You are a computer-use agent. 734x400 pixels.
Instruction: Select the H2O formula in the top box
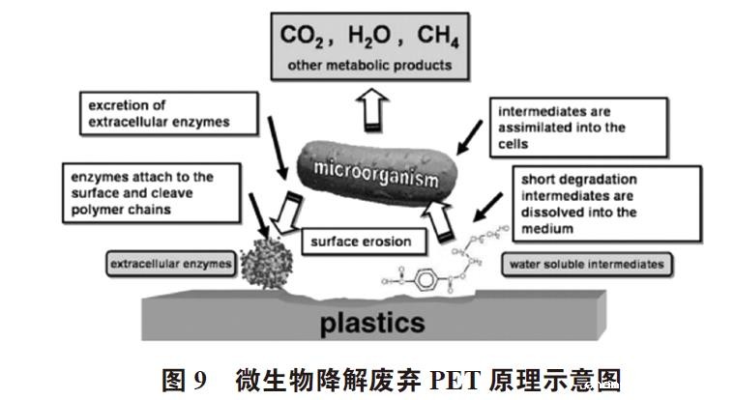click(x=368, y=38)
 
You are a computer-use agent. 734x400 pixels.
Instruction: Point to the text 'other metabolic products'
click(x=368, y=66)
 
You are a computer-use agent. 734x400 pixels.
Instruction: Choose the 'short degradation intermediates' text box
click(x=591, y=204)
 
